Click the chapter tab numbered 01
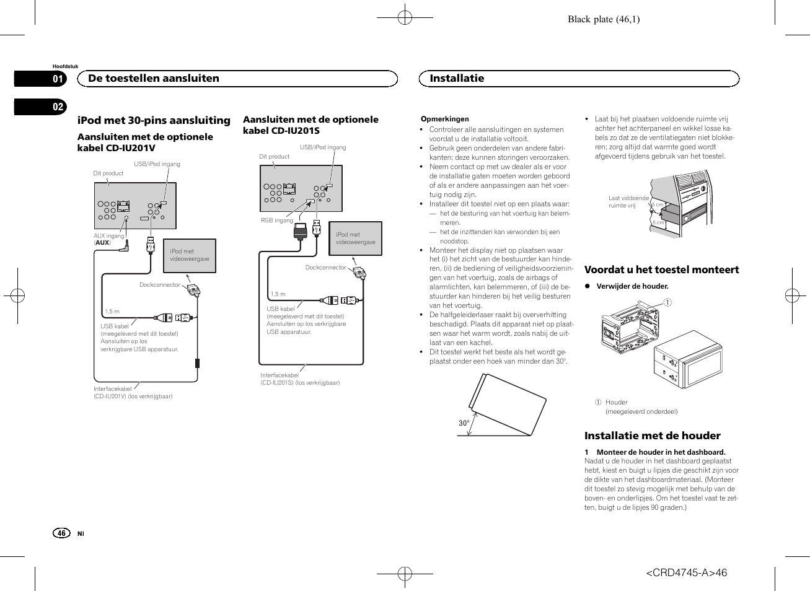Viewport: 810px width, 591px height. point(40,79)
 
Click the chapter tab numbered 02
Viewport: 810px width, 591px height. point(40,107)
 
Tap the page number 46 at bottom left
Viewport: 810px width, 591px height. point(61,533)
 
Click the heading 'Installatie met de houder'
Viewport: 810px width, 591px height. point(653,436)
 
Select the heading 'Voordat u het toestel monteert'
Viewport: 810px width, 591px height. point(662,269)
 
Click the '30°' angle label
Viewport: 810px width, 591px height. point(464,423)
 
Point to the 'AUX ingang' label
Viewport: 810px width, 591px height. point(108,235)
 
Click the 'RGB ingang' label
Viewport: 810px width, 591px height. point(277,220)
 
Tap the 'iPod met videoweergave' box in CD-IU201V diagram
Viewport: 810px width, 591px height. point(190,256)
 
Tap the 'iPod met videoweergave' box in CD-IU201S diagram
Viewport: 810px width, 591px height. point(355,239)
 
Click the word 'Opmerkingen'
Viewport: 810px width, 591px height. point(445,119)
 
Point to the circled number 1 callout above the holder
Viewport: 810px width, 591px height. point(667,302)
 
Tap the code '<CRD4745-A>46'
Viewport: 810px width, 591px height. point(686,572)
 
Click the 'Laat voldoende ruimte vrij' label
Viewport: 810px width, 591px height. point(628,202)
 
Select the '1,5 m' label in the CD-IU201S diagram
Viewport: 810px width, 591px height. point(278,294)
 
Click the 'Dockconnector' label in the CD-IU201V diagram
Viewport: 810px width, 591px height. point(160,285)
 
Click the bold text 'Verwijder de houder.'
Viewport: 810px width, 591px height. point(633,286)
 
